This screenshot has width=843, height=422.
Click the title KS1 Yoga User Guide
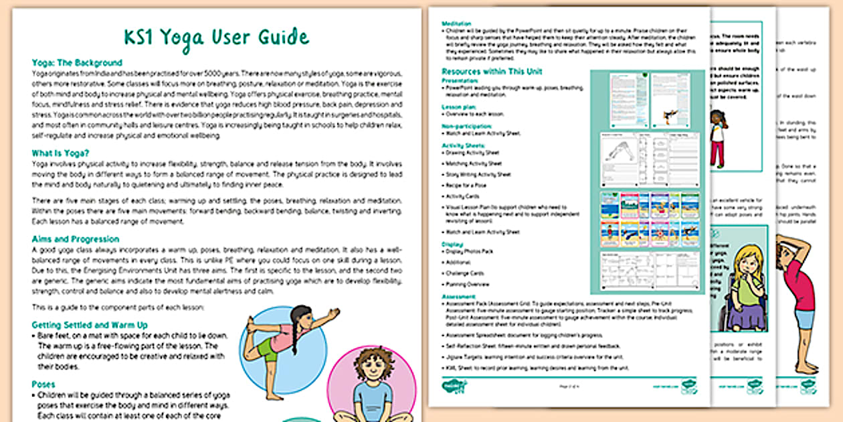pyautogui.click(x=216, y=37)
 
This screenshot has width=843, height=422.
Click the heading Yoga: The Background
pyautogui.click(x=77, y=62)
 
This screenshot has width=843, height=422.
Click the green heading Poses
pyautogui.click(x=43, y=384)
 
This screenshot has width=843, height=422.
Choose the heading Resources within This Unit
pyautogui.click(x=492, y=71)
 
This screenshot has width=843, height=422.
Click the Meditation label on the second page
pyautogui.click(x=458, y=23)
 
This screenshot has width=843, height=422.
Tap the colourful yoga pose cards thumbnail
pyautogui.click(x=646, y=220)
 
